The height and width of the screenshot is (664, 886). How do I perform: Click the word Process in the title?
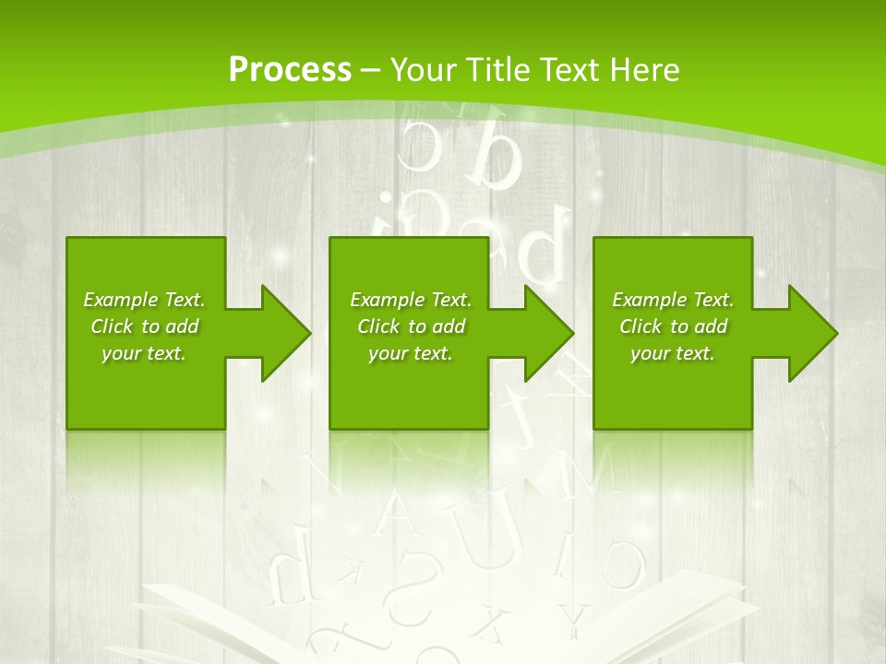(290, 70)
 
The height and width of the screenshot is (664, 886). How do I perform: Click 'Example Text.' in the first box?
(144, 300)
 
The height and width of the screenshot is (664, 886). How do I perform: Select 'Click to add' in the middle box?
(411, 326)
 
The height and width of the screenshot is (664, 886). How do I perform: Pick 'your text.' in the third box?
(672, 353)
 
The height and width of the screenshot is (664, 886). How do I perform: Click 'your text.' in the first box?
(144, 353)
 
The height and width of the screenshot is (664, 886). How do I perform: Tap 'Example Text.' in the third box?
(672, 300)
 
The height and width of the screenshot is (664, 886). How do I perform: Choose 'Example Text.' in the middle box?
(411, 300)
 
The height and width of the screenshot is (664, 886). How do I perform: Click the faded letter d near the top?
(495, 148)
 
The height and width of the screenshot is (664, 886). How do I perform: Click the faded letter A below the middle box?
(396, 513)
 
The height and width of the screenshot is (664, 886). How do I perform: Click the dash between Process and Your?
(370, 70)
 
